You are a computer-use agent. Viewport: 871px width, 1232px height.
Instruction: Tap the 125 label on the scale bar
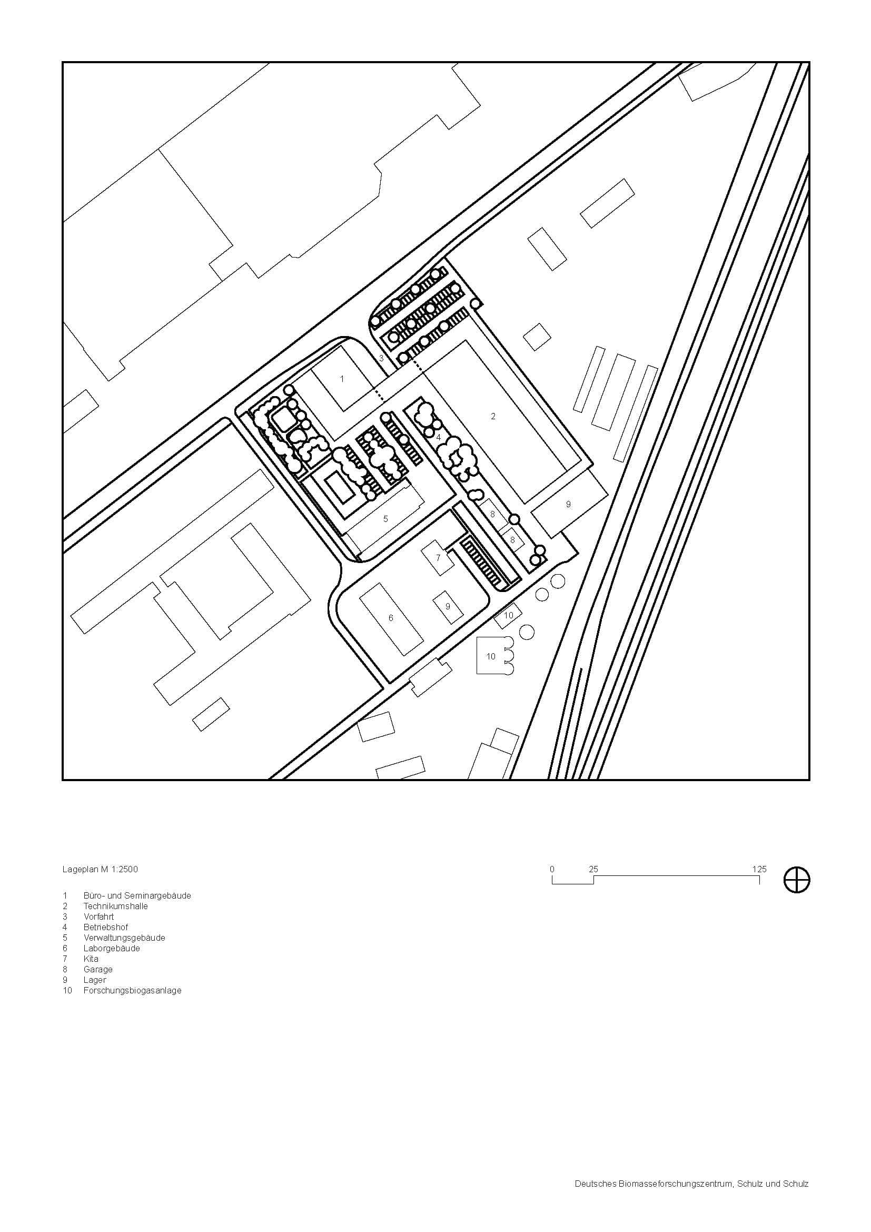(759, 869)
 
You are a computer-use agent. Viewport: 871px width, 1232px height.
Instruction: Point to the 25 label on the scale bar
(593, 869)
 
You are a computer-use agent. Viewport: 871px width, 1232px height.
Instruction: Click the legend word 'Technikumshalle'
(115, 906)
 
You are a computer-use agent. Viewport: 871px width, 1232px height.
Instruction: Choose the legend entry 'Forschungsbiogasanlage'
(133, 991)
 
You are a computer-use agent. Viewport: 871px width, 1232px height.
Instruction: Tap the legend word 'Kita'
(91, 959)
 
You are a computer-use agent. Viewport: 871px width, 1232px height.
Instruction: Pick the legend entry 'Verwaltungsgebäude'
(124, 938)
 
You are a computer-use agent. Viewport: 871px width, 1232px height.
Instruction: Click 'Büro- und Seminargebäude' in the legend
(137, 895)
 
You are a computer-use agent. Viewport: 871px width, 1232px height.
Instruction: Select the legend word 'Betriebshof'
(106, 927)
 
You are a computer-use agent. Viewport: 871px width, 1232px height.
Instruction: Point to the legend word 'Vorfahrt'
(98, 916)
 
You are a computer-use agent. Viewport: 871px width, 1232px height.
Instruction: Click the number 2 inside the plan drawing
(493, 417)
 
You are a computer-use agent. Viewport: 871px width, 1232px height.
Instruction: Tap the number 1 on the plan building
(342, 379)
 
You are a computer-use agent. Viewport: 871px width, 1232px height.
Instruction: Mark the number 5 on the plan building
(385, 519)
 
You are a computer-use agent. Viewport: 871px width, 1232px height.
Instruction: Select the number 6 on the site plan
(390, 618)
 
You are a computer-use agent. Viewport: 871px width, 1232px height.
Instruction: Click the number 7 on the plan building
(438, 558)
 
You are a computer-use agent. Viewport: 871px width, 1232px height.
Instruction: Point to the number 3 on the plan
(381, 357)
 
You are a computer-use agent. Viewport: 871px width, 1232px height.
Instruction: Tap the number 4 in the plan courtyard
(438, 437)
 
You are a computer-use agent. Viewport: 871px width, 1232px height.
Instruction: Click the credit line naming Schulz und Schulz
(692, 1149)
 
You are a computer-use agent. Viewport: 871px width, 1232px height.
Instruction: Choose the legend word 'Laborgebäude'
(112, 948)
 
